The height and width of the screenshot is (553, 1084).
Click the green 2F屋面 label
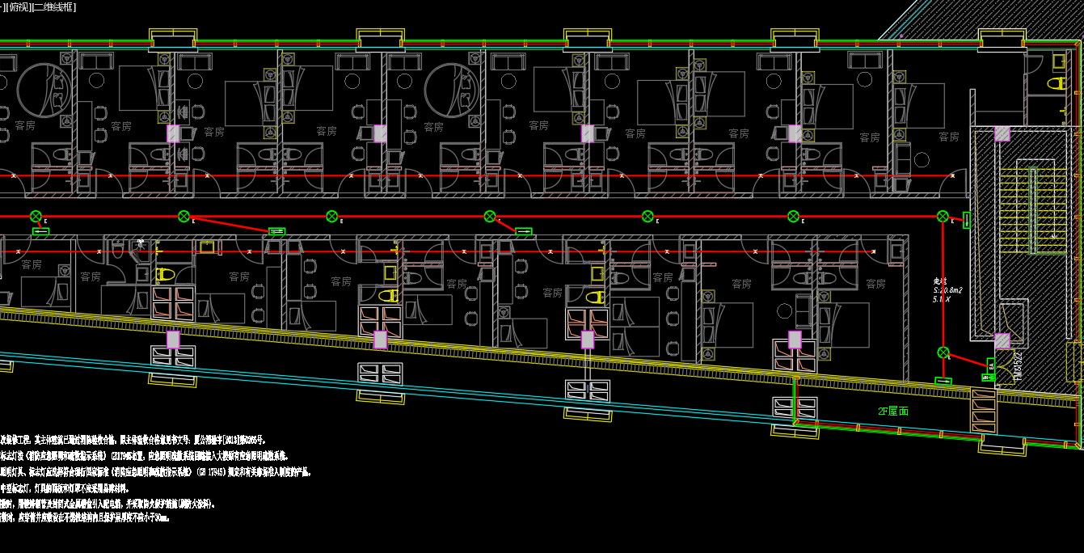(893, 412)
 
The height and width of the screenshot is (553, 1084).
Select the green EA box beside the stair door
(991, 365)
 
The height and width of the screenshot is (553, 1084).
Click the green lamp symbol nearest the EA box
(943, 352)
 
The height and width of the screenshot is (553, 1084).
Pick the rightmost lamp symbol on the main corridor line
(943, 216)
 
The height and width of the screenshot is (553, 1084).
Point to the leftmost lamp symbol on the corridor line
(36, 216)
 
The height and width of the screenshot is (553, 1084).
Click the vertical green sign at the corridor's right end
(967, 220)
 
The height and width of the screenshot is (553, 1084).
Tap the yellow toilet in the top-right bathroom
(1057, 83)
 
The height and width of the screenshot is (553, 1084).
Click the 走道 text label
(939, 281)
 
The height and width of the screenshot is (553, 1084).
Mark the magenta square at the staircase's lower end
(1002, 341)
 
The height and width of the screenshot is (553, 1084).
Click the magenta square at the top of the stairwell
(1002, 133)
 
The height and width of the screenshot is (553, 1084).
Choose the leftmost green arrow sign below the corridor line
(40, 232)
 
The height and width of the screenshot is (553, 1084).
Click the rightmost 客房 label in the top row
(949, 137)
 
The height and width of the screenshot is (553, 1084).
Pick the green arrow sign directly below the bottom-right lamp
(943, 380)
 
